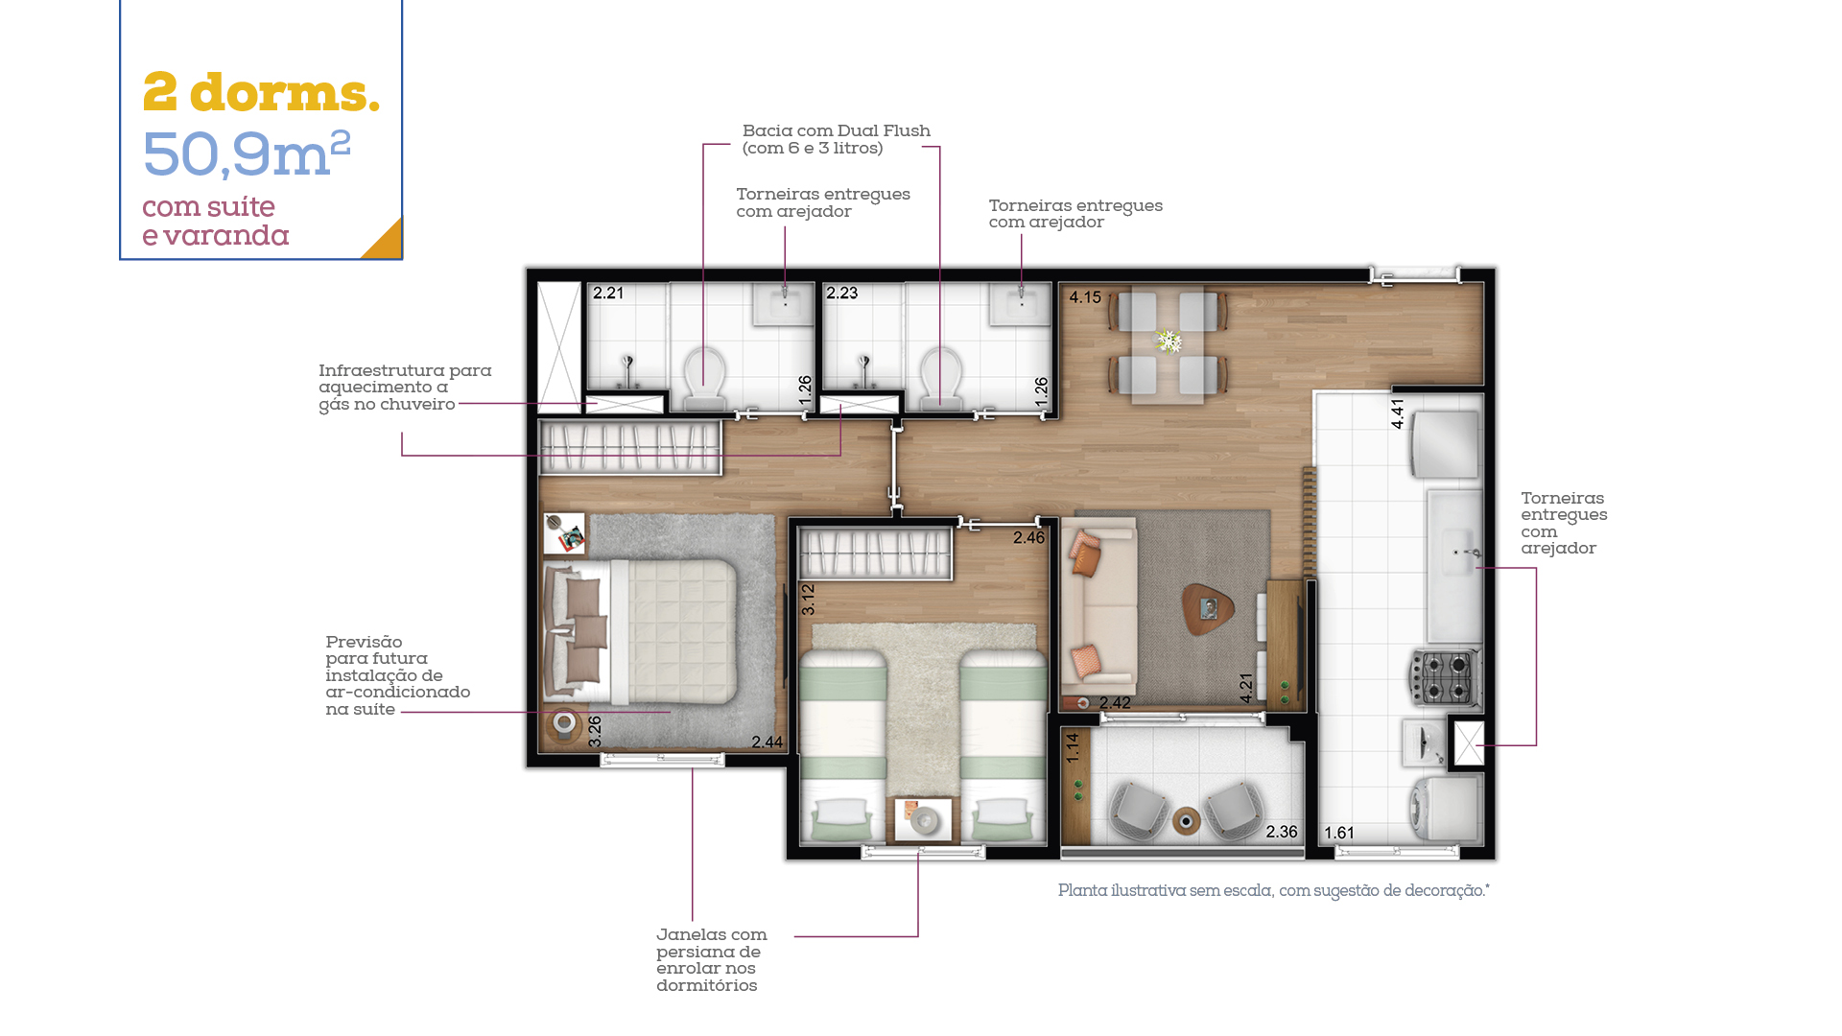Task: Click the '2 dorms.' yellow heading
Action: point(261,93)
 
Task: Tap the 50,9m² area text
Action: point(247,153)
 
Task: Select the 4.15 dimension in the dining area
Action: point(1085,297)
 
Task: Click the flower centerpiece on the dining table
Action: point(1168,341)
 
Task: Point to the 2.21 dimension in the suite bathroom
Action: point(608,293)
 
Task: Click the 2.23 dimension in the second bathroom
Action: point(842,293)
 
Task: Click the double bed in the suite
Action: point(640,632)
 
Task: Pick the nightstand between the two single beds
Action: point(923,819)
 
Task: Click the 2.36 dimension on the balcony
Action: point(1282,832)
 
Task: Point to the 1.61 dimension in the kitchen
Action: point(1339,833)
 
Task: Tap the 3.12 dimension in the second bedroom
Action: point(808,600)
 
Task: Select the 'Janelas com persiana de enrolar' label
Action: point(712,959)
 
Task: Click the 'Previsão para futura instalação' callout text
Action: point(398,675)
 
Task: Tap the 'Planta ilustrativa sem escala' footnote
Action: point(1274,890)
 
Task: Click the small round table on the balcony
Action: point(1187,821)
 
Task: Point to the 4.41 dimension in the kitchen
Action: point(1398,413)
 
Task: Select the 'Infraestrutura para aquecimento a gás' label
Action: point(405,388)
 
